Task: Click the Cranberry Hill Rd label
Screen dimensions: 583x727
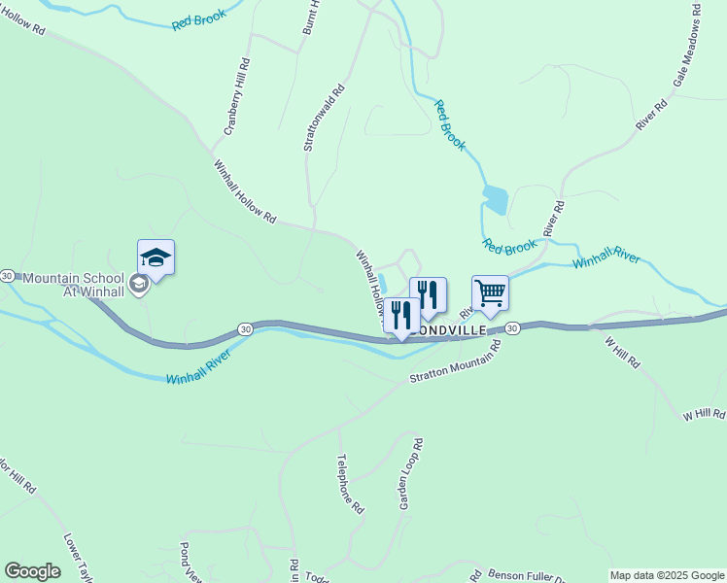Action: (237, 102)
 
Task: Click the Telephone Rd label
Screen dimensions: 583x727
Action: (350, 483)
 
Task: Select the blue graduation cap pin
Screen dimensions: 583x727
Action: (156, 257)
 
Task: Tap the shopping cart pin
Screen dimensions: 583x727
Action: (490, 292)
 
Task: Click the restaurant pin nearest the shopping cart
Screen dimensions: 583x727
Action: (428, 295)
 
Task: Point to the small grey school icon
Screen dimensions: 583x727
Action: (138, 284)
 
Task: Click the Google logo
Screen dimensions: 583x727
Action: (32, 571)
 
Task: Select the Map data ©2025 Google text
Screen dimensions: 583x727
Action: (666, 575)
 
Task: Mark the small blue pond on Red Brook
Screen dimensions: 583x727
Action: (494, 199)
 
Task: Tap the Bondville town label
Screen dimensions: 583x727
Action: (448, 329)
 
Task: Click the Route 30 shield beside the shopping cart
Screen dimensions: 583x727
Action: (512, 328)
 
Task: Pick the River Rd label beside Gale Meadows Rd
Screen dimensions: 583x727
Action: (651, 114)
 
